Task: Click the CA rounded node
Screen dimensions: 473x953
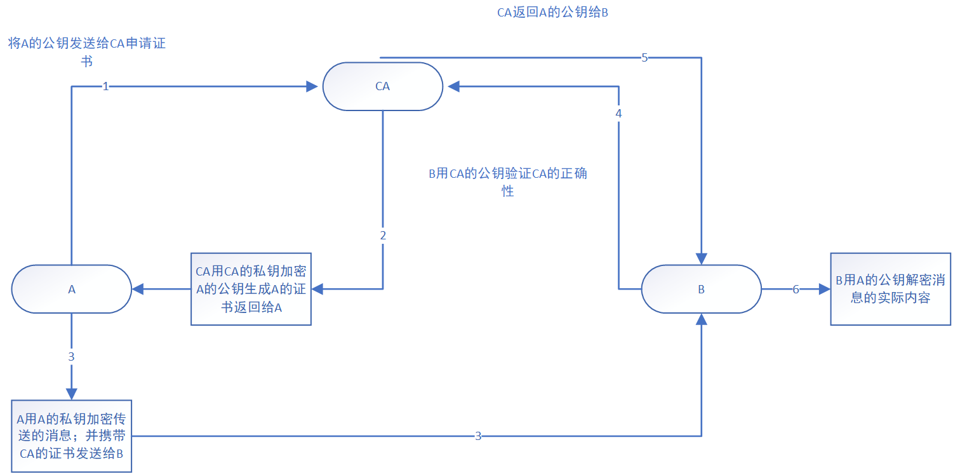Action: [x=382, y=86]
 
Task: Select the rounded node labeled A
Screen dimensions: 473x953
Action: [x=71, y=289]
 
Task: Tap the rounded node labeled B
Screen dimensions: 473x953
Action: [x=701, y=289]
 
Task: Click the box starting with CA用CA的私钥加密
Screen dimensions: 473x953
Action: [x=251, y=290]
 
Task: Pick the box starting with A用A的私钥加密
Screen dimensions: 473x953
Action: [x=71, y=436]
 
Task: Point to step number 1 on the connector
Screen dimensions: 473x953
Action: [x=106, y=86]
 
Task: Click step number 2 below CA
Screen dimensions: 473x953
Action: [x=383, y=235]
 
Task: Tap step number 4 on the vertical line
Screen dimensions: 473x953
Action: [x=618, y=114]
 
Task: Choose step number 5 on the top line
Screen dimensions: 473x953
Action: [x=644, y=58]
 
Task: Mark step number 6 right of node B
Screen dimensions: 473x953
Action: [x=796, y=289]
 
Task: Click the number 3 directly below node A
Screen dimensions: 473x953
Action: [x=71, y=356]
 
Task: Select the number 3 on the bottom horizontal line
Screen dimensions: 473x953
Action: [x=478, y=436]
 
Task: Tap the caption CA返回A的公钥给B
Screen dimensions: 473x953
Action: [x=553, y=12]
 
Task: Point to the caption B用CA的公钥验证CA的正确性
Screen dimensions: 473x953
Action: [x=508, y=182]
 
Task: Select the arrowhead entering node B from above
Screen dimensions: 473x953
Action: [x=701, y=258]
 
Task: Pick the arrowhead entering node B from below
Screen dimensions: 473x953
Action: [x=701, y=319]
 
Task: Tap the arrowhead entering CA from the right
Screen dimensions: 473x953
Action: [x=453, y=86]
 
